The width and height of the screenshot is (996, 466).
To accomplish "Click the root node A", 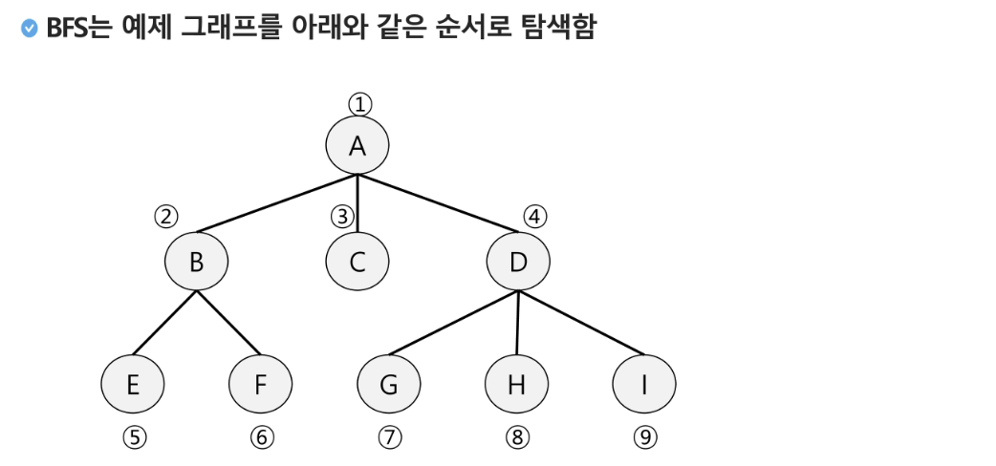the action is (x=357, y=145).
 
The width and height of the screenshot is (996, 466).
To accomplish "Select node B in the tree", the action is (x=196, y=261).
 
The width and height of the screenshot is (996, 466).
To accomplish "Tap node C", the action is (x=357, y=261).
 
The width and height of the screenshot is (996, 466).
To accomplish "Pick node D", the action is (x=518, y=261).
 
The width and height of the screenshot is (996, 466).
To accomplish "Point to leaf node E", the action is (x=133, y=384).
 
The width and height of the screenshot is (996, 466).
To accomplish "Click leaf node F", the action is (x=261, y=384).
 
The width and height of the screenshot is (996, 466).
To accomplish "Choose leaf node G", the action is (x=389, y=384).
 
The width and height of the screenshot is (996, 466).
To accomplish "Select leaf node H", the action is (x=517, y=384).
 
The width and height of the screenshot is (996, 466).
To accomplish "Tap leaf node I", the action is (x=644, y=384).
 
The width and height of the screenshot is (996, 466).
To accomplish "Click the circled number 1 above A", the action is (x=358, y=103).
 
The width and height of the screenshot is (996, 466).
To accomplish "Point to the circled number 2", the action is (x=167, y=217).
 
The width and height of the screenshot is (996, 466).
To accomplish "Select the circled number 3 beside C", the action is (x=342, y=217).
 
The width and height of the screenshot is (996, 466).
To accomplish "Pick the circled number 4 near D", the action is (x=535, y=217).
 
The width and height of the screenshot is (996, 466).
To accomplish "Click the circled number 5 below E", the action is (x=135, y=437).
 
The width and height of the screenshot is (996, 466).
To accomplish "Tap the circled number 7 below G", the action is (x=390, y=437).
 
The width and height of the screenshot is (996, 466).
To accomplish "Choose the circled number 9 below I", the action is (x=645, y=437).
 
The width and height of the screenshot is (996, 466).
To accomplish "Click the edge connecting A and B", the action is (x=277, y=203).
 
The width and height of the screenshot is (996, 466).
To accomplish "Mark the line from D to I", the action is (x=581, y=323).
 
